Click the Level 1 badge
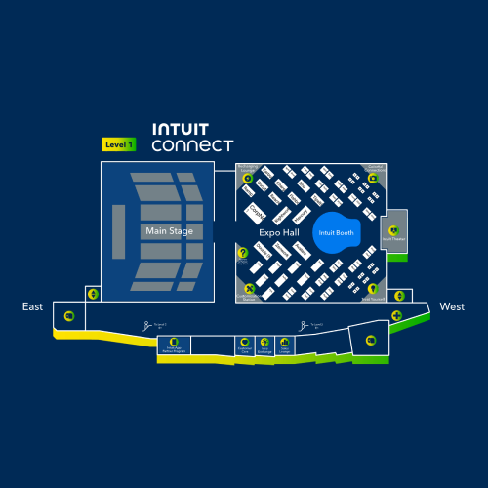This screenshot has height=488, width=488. (119, 144)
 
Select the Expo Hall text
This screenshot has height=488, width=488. (277, 233)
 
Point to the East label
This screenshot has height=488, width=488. (33, 306)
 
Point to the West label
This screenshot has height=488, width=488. (452, 306)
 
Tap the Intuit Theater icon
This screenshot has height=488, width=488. (394, 231)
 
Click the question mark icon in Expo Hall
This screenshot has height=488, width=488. (243, 253)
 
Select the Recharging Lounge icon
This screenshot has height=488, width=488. (248, 178)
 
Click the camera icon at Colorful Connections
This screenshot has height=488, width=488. (372, 178)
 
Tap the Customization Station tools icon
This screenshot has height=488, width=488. (248, 288)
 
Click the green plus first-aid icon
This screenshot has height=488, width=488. (397, 315)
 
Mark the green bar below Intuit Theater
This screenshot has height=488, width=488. (396, 257)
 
